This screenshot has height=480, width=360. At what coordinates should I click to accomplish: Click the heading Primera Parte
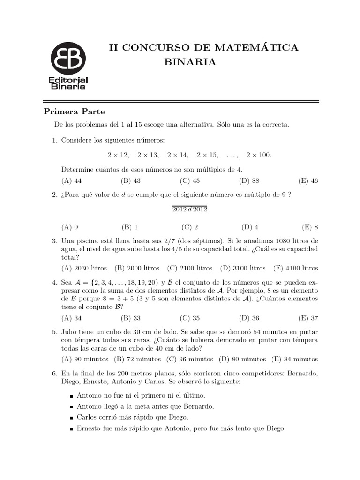(x=74, y=112)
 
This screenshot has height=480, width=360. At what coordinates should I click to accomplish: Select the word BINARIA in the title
(x=190, y=62)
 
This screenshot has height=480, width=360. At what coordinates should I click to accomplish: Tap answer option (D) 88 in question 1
(x=249, y=180)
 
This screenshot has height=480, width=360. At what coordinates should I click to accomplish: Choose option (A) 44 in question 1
(x=72, y=180)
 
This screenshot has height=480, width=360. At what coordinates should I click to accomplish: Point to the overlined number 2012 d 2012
(x=189, y=209)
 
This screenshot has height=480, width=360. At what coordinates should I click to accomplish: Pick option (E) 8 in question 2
(x=310, y=227)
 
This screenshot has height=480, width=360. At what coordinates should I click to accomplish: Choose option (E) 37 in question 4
(x=310, y=318)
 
